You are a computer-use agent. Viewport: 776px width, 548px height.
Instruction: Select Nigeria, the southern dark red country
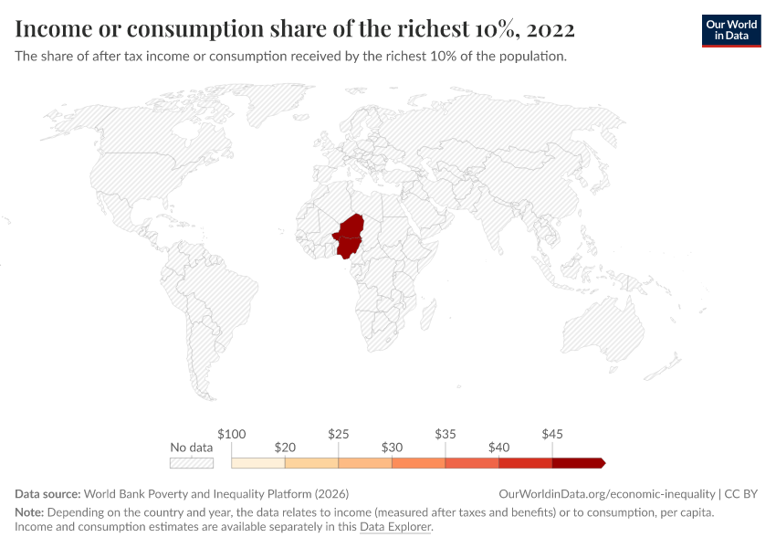pos(346,246)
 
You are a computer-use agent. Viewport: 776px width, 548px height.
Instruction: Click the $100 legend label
pos(232,434)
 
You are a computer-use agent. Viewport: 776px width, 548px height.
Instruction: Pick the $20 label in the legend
pos(285,448)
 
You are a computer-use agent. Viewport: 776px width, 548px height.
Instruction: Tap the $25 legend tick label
pos(338,434)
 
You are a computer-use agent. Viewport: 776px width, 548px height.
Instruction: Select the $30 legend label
pos(392,448)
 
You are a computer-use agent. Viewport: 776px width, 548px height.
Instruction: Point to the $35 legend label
pos(445,434)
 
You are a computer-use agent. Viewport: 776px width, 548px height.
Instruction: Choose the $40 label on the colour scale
pos(498,448)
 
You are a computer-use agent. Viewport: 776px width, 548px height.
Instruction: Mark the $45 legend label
pos(551,434)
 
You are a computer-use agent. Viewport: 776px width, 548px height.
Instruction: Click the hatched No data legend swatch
pos(192,463)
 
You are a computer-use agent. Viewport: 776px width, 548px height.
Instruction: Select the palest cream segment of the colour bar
pos(258,463)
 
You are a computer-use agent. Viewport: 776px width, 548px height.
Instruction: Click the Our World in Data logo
pos(731,30)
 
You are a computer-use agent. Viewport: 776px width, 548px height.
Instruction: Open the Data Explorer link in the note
pos(395,527)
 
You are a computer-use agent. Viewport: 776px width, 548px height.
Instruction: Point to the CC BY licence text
pos(740,493)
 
